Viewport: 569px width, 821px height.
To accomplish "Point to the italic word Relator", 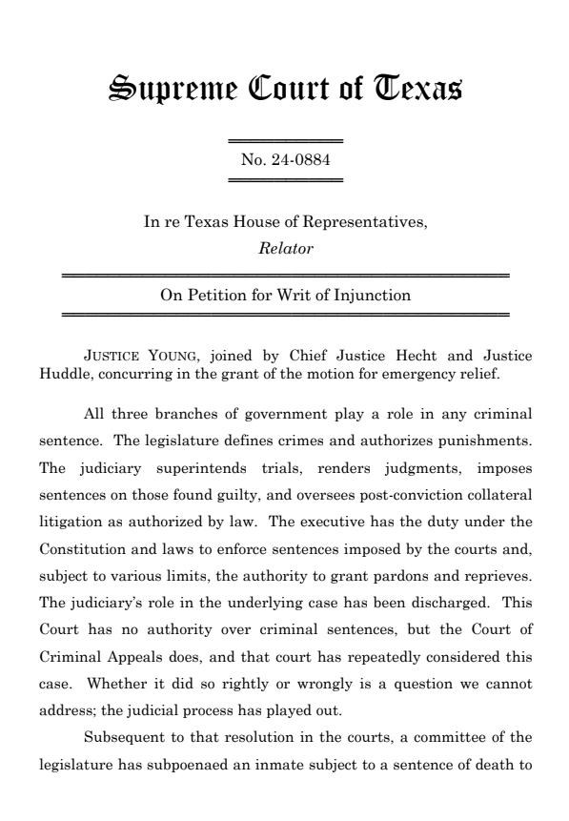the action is tap(284, 250).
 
